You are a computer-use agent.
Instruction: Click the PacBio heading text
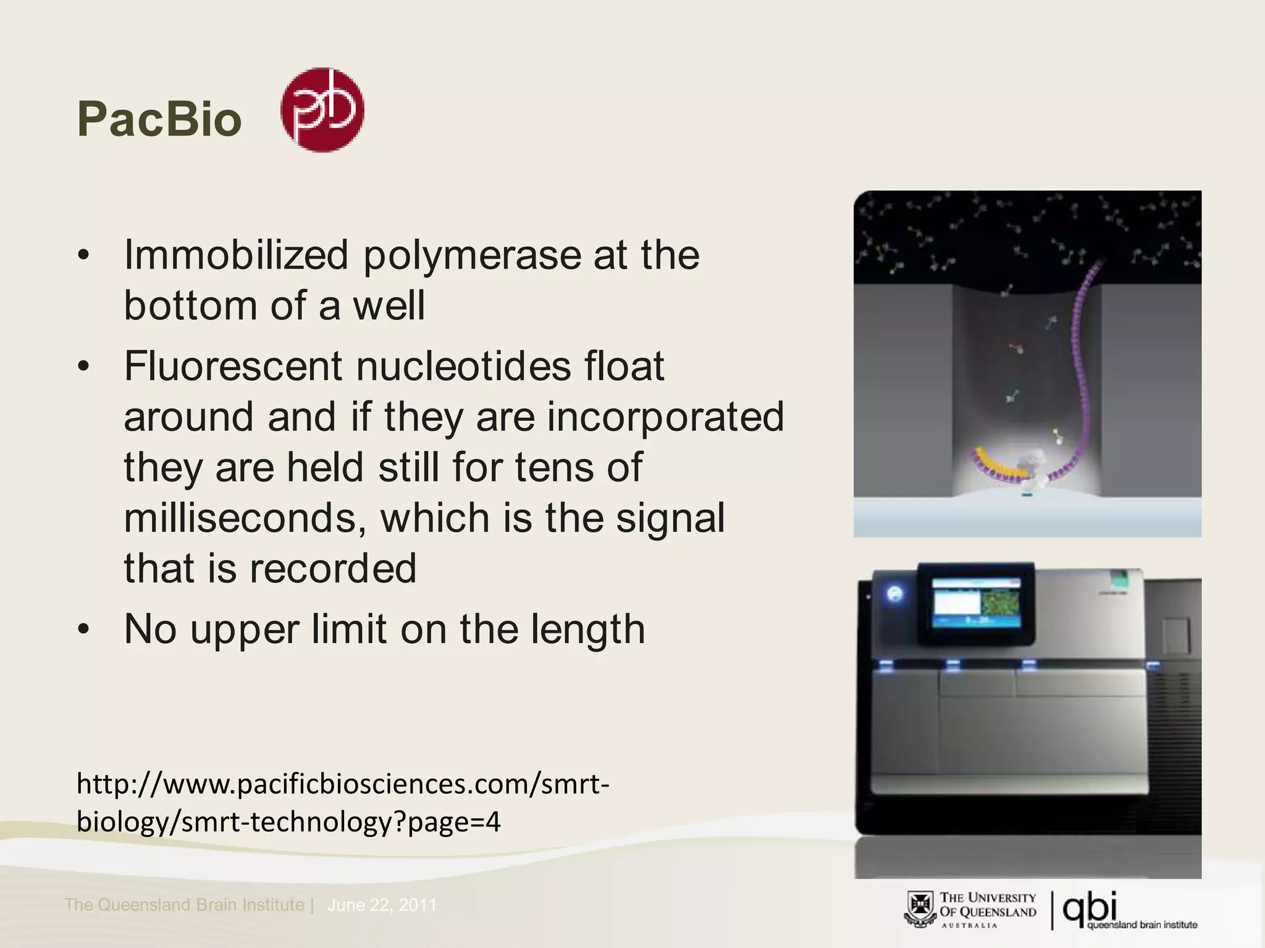[x=159, y=119]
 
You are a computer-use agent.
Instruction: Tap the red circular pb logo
[x=322, y=110]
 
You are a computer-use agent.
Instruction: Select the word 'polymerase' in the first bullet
[x=472, y=254]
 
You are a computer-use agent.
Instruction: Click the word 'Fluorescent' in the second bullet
[x=232, y=365]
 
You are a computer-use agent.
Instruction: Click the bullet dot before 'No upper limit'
[x=84, y=630]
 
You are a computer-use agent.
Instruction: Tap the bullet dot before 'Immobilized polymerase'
[x=84, y=256]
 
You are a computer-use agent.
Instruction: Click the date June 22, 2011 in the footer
[x=382, y=905]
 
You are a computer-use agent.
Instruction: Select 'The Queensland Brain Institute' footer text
[x=184, y=905]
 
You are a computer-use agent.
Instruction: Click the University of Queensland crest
[x=920, y=909]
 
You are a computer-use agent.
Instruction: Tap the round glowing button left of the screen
[x=895, y=594]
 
